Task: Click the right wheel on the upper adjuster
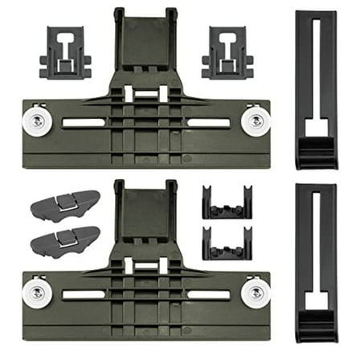click(x=256, y=121)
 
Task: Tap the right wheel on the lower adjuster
click(x=256, y=292)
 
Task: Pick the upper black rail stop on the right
click(x=316, y=88)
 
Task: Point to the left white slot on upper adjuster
click(x=84, y=122)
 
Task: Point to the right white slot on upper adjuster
click(x=208, y=122)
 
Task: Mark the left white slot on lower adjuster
click(x=84, y=294)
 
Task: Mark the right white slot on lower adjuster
click(x=208, y=294)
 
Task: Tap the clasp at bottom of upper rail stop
click(x=316, y=149)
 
